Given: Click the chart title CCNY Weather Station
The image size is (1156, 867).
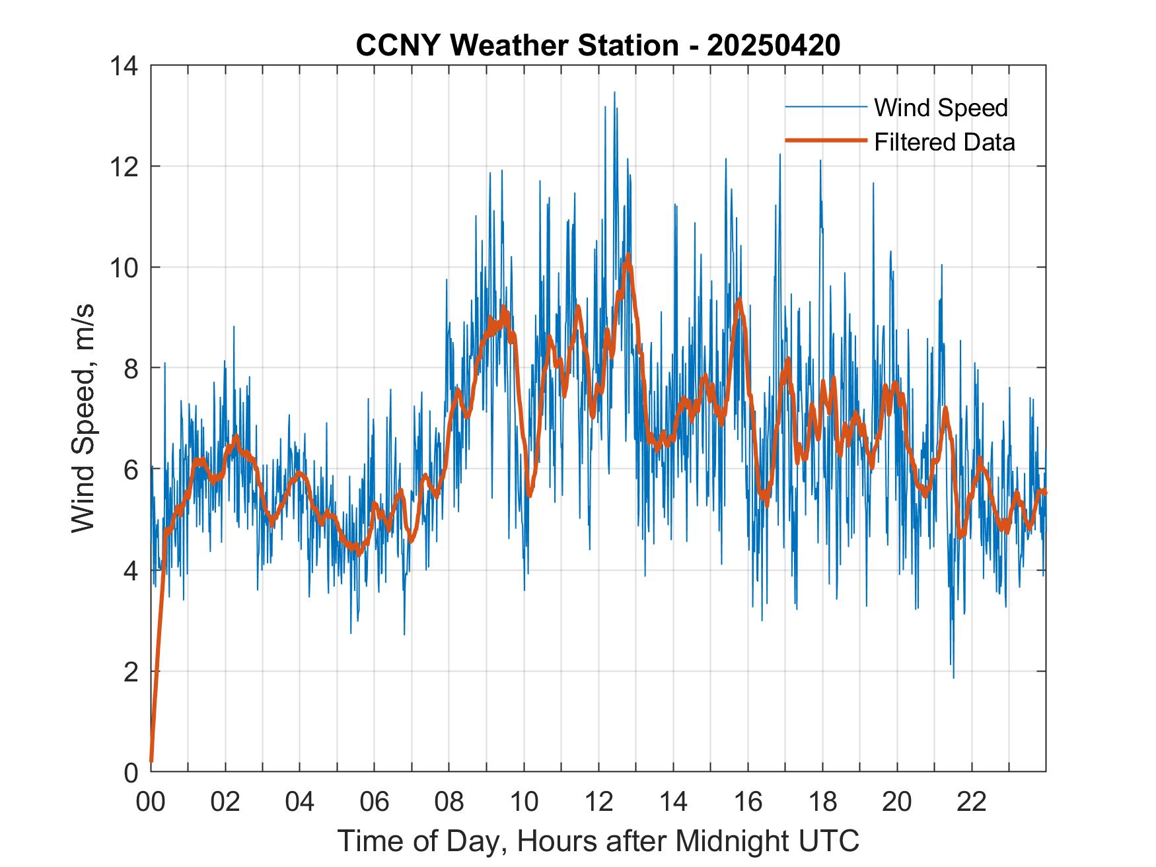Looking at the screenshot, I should pos(517,46).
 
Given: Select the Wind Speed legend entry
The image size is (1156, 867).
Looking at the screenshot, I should pos(941,108).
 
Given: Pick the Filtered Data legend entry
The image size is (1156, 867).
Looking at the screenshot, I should pos(944,142).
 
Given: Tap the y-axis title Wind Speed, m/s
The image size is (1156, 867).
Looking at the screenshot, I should pos(84,418).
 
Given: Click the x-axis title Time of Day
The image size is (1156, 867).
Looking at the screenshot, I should pos(598,841).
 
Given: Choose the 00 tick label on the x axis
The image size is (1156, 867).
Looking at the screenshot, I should pos(151,802).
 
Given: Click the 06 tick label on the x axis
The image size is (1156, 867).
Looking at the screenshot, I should pos(375,802).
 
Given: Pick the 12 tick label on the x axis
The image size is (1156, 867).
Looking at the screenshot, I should pos(598,802).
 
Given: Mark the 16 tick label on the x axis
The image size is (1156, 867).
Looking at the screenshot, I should pos(748,802).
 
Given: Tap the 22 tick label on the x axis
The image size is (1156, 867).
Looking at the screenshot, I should pos(972,802).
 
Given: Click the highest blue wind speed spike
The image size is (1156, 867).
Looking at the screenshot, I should pos(614,93).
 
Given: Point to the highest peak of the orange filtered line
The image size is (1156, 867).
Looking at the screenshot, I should pos(628,255).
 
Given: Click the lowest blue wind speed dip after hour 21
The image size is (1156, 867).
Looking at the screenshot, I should pos(953,677).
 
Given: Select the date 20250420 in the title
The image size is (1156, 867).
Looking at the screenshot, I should pos(774,46).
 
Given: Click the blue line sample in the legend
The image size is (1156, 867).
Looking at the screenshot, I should pos(825,107).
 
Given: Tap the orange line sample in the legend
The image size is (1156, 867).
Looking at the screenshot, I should pos(825,141).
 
